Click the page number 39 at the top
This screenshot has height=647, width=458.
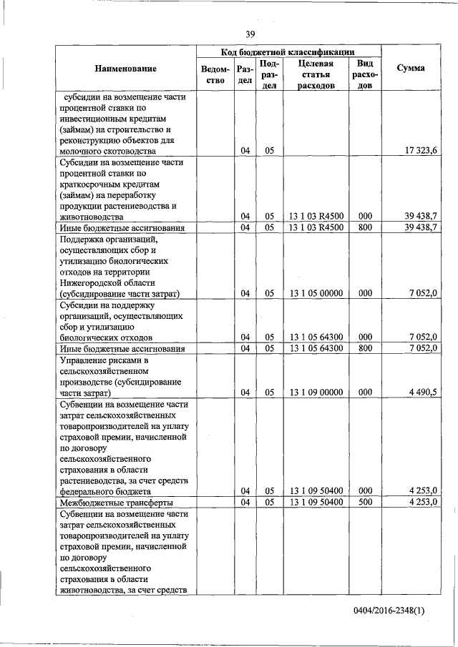pos(250,34)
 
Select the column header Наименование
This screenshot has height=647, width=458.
pos(125,68)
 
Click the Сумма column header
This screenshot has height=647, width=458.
pos(414,68)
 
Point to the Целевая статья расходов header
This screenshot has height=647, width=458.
pos(316,74)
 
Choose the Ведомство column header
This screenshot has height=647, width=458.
pos(215,75)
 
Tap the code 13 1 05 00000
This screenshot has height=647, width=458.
pos(316,293)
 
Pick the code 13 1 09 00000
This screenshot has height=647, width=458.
pos(316,392)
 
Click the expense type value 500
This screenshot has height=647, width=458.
pos(364,503)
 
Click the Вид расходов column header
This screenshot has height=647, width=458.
pos(364,74)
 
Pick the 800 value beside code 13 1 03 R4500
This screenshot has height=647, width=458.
pos(364,228)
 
